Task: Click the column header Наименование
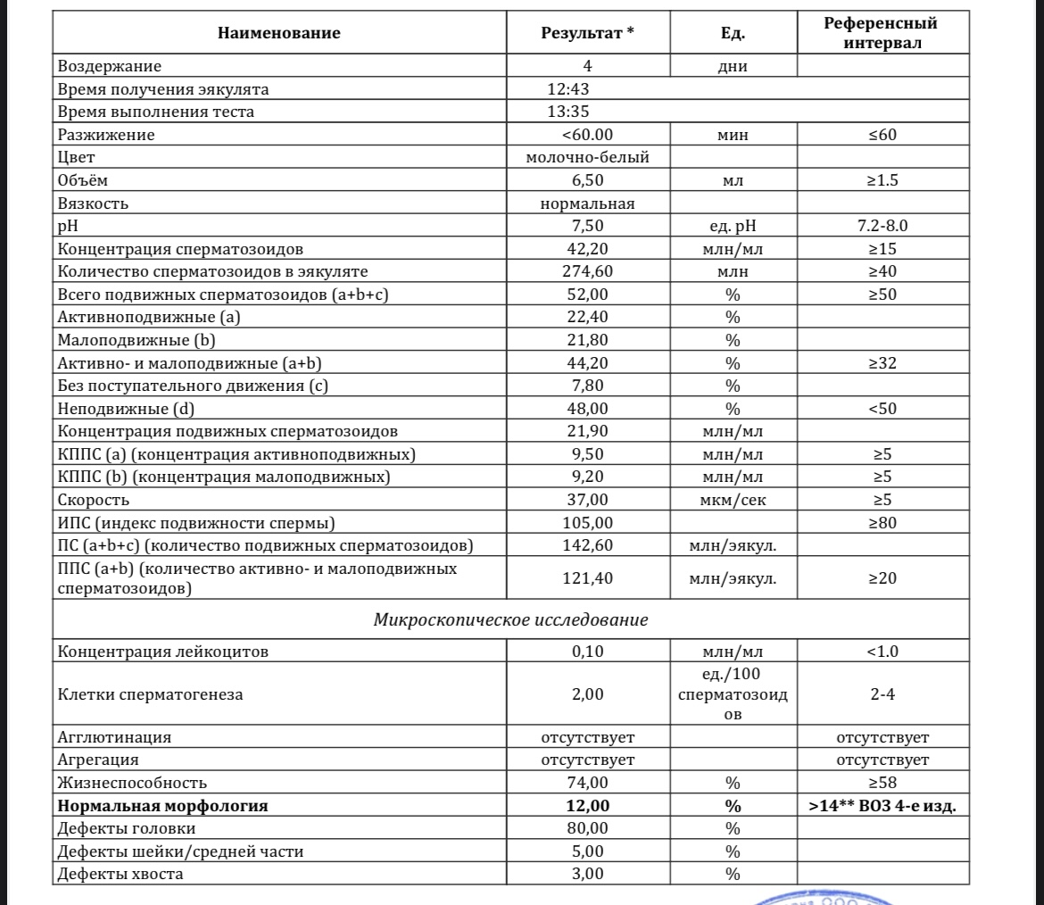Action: point(278,34)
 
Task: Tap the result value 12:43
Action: point(568,89)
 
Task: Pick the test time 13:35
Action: point(568,112)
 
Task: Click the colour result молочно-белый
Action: point(587,158)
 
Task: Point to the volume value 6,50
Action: point(587,180)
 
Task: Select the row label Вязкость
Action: point(94,203)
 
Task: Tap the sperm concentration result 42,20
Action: point(587,249)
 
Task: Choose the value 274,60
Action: point(587,271)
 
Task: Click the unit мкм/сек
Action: point(732,500)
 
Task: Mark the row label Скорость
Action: point(94,500)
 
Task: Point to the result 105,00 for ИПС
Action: point(587,522)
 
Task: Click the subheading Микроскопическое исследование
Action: point(510,619)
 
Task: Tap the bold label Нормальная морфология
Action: point(162,806)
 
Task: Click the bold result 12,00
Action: point(587,806)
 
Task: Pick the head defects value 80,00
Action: point(587,828)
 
